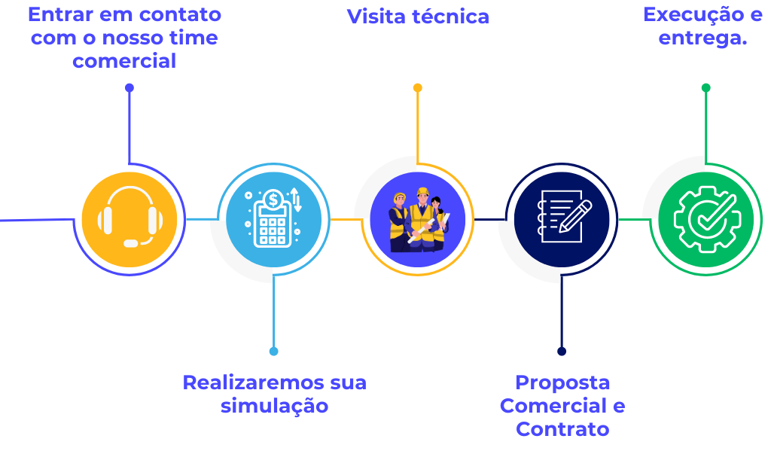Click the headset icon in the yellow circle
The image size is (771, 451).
click(x=130, y=219)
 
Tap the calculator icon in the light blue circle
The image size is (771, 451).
click(x=273, y=224)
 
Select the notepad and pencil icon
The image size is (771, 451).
click(x=562, y=219)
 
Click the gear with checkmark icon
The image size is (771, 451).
click(x=705, y=219)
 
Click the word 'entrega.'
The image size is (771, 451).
click(x=702, y=38)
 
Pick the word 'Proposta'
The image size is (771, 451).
click(x=562, y=382)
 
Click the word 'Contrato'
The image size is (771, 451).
click(x=562, y=429)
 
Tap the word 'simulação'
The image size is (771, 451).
click(x=274, y=406)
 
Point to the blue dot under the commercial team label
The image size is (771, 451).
click(x=130, y=88)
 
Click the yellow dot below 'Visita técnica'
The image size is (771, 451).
click(x=418, y=88)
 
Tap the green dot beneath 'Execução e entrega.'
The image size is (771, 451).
click(x=705, y=88)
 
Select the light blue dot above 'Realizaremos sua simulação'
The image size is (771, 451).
click(x=273, y=351)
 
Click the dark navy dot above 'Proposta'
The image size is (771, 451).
click(x=562, y=351)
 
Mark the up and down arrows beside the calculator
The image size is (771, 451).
click(x=297, y=200)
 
